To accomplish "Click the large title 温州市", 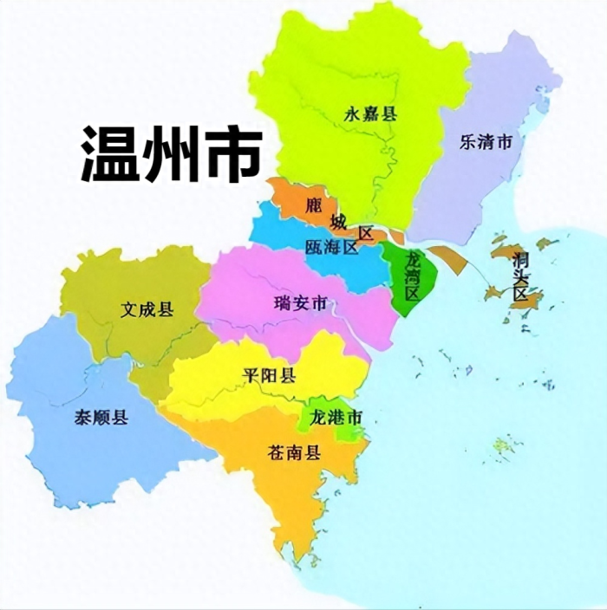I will pos(172,153).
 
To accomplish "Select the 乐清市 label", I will pos(486,142).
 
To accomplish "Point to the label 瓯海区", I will pos(331,247).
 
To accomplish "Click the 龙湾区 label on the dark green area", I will pos(412,276).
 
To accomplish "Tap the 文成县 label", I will pos(147,308).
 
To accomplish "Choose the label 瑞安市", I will pos(300,303).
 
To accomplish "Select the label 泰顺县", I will pos(102,418).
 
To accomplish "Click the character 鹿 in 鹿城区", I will pos(315,204).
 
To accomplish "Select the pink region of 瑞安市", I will pos(260,286).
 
